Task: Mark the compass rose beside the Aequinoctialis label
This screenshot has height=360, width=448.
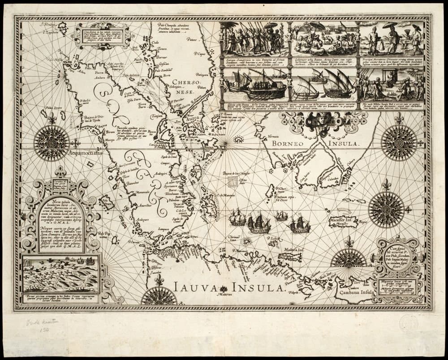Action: [52, 143]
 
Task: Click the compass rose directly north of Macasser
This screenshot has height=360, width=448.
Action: [386, 209]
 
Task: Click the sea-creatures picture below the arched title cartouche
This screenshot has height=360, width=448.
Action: [60, 274]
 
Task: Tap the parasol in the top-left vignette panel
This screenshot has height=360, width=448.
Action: [271, 26]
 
